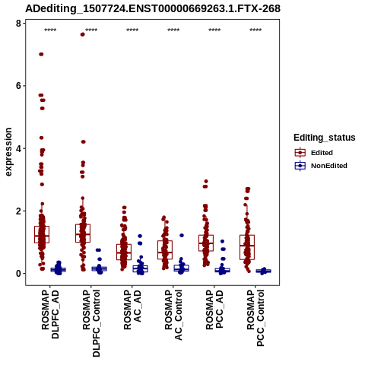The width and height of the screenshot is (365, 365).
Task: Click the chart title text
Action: point(153,8)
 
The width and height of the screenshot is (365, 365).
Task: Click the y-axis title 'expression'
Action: point(8,152)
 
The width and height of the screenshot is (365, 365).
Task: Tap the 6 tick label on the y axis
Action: point(18,86)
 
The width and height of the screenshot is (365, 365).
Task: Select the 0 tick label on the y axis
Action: point(18,274)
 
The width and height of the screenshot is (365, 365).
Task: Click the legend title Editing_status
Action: point(325,138)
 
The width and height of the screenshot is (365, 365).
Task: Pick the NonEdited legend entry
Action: point(321,166)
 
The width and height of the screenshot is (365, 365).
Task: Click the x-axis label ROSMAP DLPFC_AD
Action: point(50,314)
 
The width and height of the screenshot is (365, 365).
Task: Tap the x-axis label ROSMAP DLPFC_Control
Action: point(91,323)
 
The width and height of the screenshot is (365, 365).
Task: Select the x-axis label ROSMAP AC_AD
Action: point(132,309)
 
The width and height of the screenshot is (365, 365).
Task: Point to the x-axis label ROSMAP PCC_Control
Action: point(255,318)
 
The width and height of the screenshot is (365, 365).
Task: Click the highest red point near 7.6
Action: point(83,35)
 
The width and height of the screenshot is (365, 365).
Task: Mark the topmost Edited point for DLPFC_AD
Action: point(41,54)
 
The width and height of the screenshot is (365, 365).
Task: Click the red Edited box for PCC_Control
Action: point(247,247)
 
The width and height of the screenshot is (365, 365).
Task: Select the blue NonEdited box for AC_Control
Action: point(181,268)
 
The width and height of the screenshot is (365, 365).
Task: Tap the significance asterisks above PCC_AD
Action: point(214,30)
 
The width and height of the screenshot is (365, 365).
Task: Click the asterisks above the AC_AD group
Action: point(132,30)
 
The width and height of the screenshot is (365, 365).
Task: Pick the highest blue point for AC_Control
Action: point(182,236)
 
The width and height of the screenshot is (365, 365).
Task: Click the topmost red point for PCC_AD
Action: point(206,182)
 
